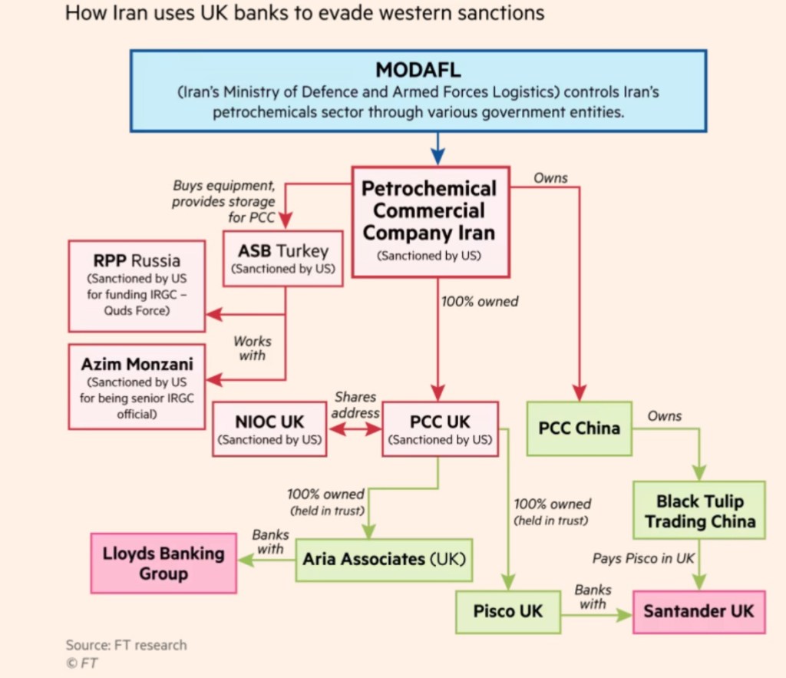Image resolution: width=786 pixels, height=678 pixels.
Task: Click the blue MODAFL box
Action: click(x=418, y=91)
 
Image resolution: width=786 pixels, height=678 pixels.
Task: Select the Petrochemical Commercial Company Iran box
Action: click(x=429, y=222)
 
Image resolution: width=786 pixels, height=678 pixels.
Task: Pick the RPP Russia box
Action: click(x=137, y=285)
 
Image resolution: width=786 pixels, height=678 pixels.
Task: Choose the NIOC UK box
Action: click(x=269, y=429)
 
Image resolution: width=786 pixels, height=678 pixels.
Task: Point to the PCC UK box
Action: click(x=439, y=429)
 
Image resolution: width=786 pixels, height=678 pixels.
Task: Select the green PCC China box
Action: click(x=579, y=428)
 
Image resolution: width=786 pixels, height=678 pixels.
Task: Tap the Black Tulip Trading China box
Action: click(x=699, y=511)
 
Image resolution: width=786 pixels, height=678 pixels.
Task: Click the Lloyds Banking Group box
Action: click(x=163, y=563)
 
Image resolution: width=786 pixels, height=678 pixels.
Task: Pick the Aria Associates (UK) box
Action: click(x=384, y=558)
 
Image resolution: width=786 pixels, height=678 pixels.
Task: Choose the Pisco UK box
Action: click(x=507, y=611)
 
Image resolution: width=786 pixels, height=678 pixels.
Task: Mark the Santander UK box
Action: click(x=698, y=611)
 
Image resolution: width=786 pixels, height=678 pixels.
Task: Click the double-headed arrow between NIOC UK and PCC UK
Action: click(x=354, y=431)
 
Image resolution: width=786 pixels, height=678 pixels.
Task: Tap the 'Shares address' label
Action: click(x=355, y=405)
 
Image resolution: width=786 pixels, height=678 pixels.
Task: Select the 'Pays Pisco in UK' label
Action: click(x=642, y=558)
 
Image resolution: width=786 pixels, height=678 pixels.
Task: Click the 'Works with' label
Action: click(x=252, y=348)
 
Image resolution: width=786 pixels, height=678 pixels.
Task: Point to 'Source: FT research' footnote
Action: click(x=126, y=644)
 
